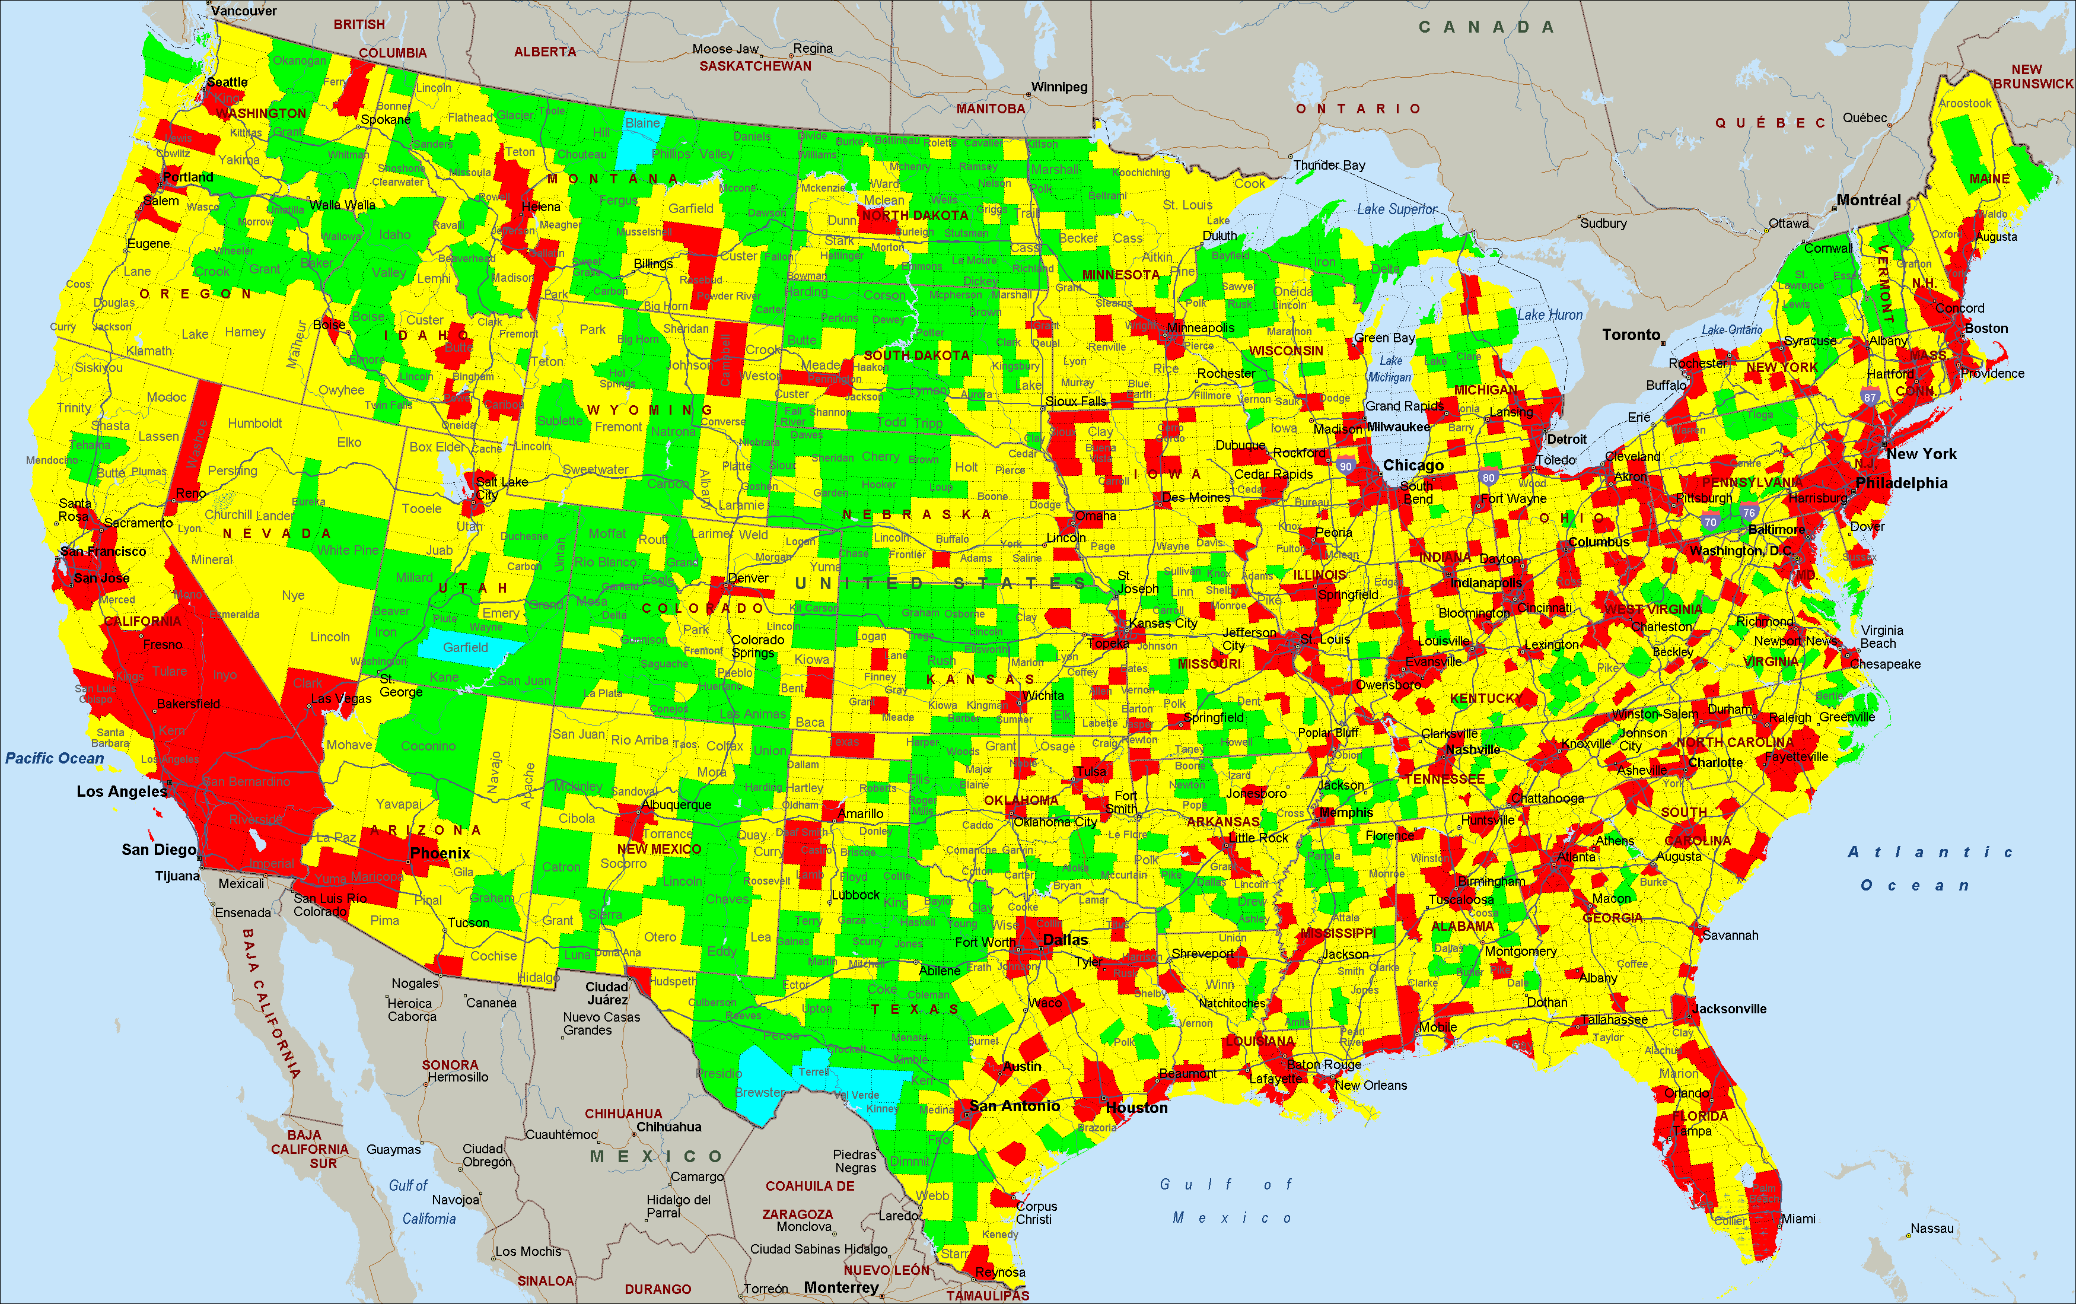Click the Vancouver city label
(244, 11)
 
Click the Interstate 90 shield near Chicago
(1346, 466)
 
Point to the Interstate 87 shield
(1869, 397)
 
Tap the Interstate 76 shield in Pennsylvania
(1749, 513)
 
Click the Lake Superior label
(1397, 209)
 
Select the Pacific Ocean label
(55, 758)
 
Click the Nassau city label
(1932, 1228)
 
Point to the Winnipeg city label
(1059, 87)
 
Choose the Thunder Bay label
(1329, 165)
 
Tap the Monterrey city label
(840, 1287)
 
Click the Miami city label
(1798, 1219)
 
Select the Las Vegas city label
(342, 699)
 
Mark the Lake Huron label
(1550, 315)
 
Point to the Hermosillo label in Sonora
(458, 1077)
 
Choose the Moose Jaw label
(725, 49)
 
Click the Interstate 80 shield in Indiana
(1489, 477)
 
